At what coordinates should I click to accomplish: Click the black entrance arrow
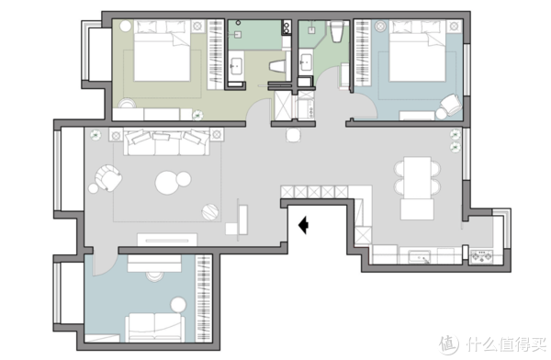[x=304, y=225]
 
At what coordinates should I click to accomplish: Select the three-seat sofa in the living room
[x=166, y=142]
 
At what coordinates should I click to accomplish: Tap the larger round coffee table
[x=167, y=183]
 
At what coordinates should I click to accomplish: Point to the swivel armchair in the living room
[x=108, y=177]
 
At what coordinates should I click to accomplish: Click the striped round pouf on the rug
[x=210, y=212]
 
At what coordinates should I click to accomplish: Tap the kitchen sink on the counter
[x=419, y=256]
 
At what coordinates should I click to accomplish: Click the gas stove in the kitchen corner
[x=481, y=256]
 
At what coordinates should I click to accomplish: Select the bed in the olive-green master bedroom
[x=162, y=51]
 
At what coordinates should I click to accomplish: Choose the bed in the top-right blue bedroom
[x=418, y=51]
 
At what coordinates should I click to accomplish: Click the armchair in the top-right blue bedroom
[x=451, y=105]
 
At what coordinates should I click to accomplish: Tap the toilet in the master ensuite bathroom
[x=278, y=66]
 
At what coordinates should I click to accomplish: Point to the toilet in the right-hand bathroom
[x=337, y=31]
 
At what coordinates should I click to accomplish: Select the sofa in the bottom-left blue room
[x=155, y=328]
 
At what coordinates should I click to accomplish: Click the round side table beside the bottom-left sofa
[x=178, y=305]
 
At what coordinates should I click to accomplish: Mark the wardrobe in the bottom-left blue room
[x=204, y=298]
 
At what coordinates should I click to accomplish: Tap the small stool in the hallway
[x=293, y=135]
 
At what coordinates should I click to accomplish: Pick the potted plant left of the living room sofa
[x=96, y=135]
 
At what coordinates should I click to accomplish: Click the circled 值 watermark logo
[x=449, y=343]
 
